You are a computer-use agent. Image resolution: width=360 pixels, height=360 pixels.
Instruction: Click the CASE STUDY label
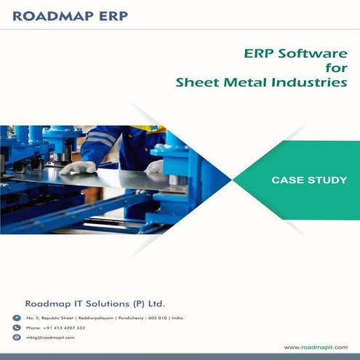[308, 179]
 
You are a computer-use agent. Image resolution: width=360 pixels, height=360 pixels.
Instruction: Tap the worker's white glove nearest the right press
[153, 167]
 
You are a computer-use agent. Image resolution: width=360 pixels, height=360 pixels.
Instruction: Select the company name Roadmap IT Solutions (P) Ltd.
[99, 303]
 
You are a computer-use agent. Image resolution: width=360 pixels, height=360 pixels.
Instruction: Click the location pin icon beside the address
[17, 319]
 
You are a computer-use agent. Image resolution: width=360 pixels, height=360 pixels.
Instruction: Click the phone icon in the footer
[17, 328]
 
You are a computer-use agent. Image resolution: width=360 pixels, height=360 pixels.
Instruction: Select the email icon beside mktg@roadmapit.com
[17, 337]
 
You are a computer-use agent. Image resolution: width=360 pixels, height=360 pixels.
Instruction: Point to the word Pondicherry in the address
[120, 319]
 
